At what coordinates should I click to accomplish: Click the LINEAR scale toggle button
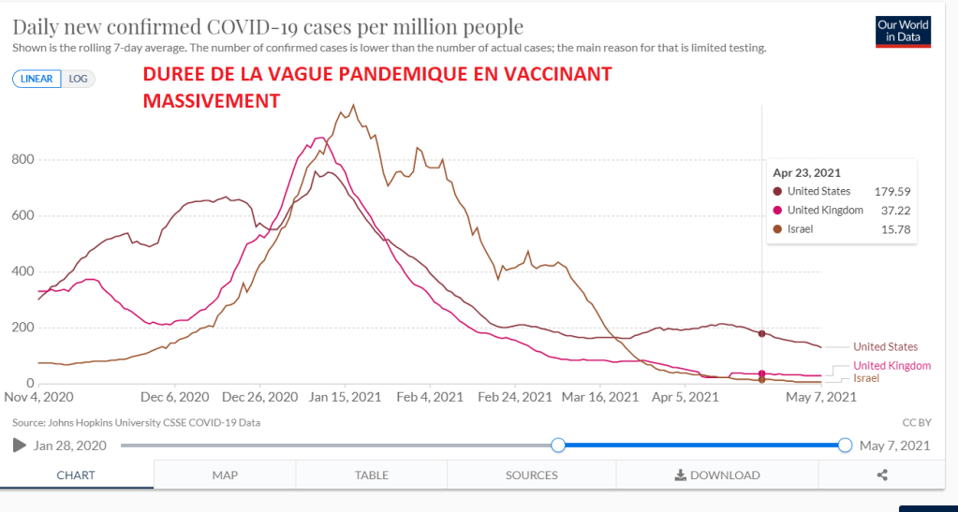tap(37, 79)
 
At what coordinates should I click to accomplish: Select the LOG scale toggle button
tap(79, 79)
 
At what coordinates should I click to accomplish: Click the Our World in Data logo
tap(903, 31)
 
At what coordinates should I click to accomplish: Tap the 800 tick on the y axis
tap(23, 159)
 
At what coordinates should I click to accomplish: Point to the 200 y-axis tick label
tap(23, 328)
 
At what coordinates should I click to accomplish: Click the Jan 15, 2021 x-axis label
tap(346, 397)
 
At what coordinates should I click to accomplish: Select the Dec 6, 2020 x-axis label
tap(176, 397)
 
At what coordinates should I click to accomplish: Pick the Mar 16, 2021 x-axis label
tap(601, 397)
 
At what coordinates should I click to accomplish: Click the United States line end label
tap(885, 347)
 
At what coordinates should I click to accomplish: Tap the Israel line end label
tap(866, 378)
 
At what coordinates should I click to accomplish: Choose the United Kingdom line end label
tap(892, 366)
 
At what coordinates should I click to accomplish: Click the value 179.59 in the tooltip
tap(892, 192)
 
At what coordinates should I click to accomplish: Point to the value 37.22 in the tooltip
tap(895, 211)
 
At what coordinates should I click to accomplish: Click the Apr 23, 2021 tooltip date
tap(806, 172)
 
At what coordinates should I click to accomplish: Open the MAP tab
tap(225, 475)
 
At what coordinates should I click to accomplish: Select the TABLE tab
tap(372, 475)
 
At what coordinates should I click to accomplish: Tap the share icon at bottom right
tap(882, 475)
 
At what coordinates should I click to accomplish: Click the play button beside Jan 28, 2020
tap(20, 446)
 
